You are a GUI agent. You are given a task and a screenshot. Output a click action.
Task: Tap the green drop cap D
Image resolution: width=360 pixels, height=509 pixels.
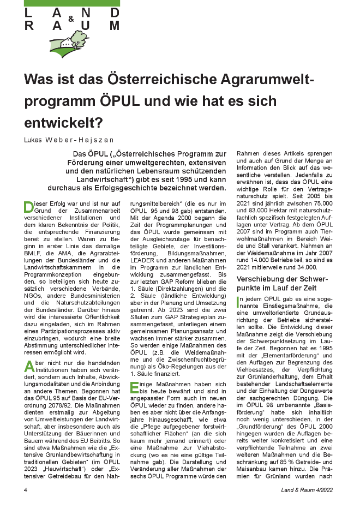click(x=28, y=208)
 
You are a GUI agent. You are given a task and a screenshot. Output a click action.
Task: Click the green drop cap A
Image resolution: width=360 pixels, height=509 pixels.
click(x=28, y=367)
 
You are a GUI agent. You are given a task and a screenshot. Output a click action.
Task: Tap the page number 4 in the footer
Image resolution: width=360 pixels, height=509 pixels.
click(x=26, y=489)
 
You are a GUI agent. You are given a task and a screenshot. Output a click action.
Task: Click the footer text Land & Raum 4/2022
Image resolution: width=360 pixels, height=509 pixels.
click(x=309, y=489)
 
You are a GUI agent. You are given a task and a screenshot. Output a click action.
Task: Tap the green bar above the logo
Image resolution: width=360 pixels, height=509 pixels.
click(x=71, y=3)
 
